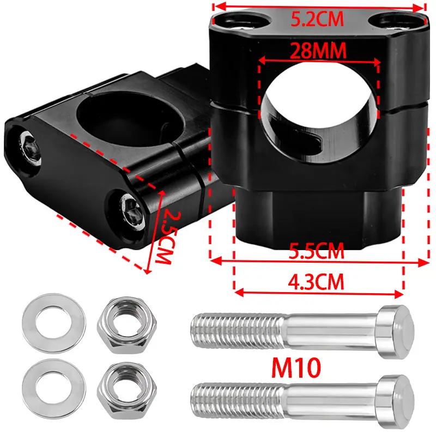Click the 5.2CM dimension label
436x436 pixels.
click(x=317, y=19)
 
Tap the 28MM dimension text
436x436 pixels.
click(x=318, y=51)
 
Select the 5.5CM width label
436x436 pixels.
click(x=317, y=251)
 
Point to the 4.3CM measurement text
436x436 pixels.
click(x=316, y=282)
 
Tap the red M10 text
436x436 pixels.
click(x=296, y=367)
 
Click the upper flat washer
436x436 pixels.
click(x=54, y=323)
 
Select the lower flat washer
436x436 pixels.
click(x=54, y=389)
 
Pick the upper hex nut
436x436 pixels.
click(x=127, y=325)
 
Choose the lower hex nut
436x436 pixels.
click(x=127, y=390)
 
